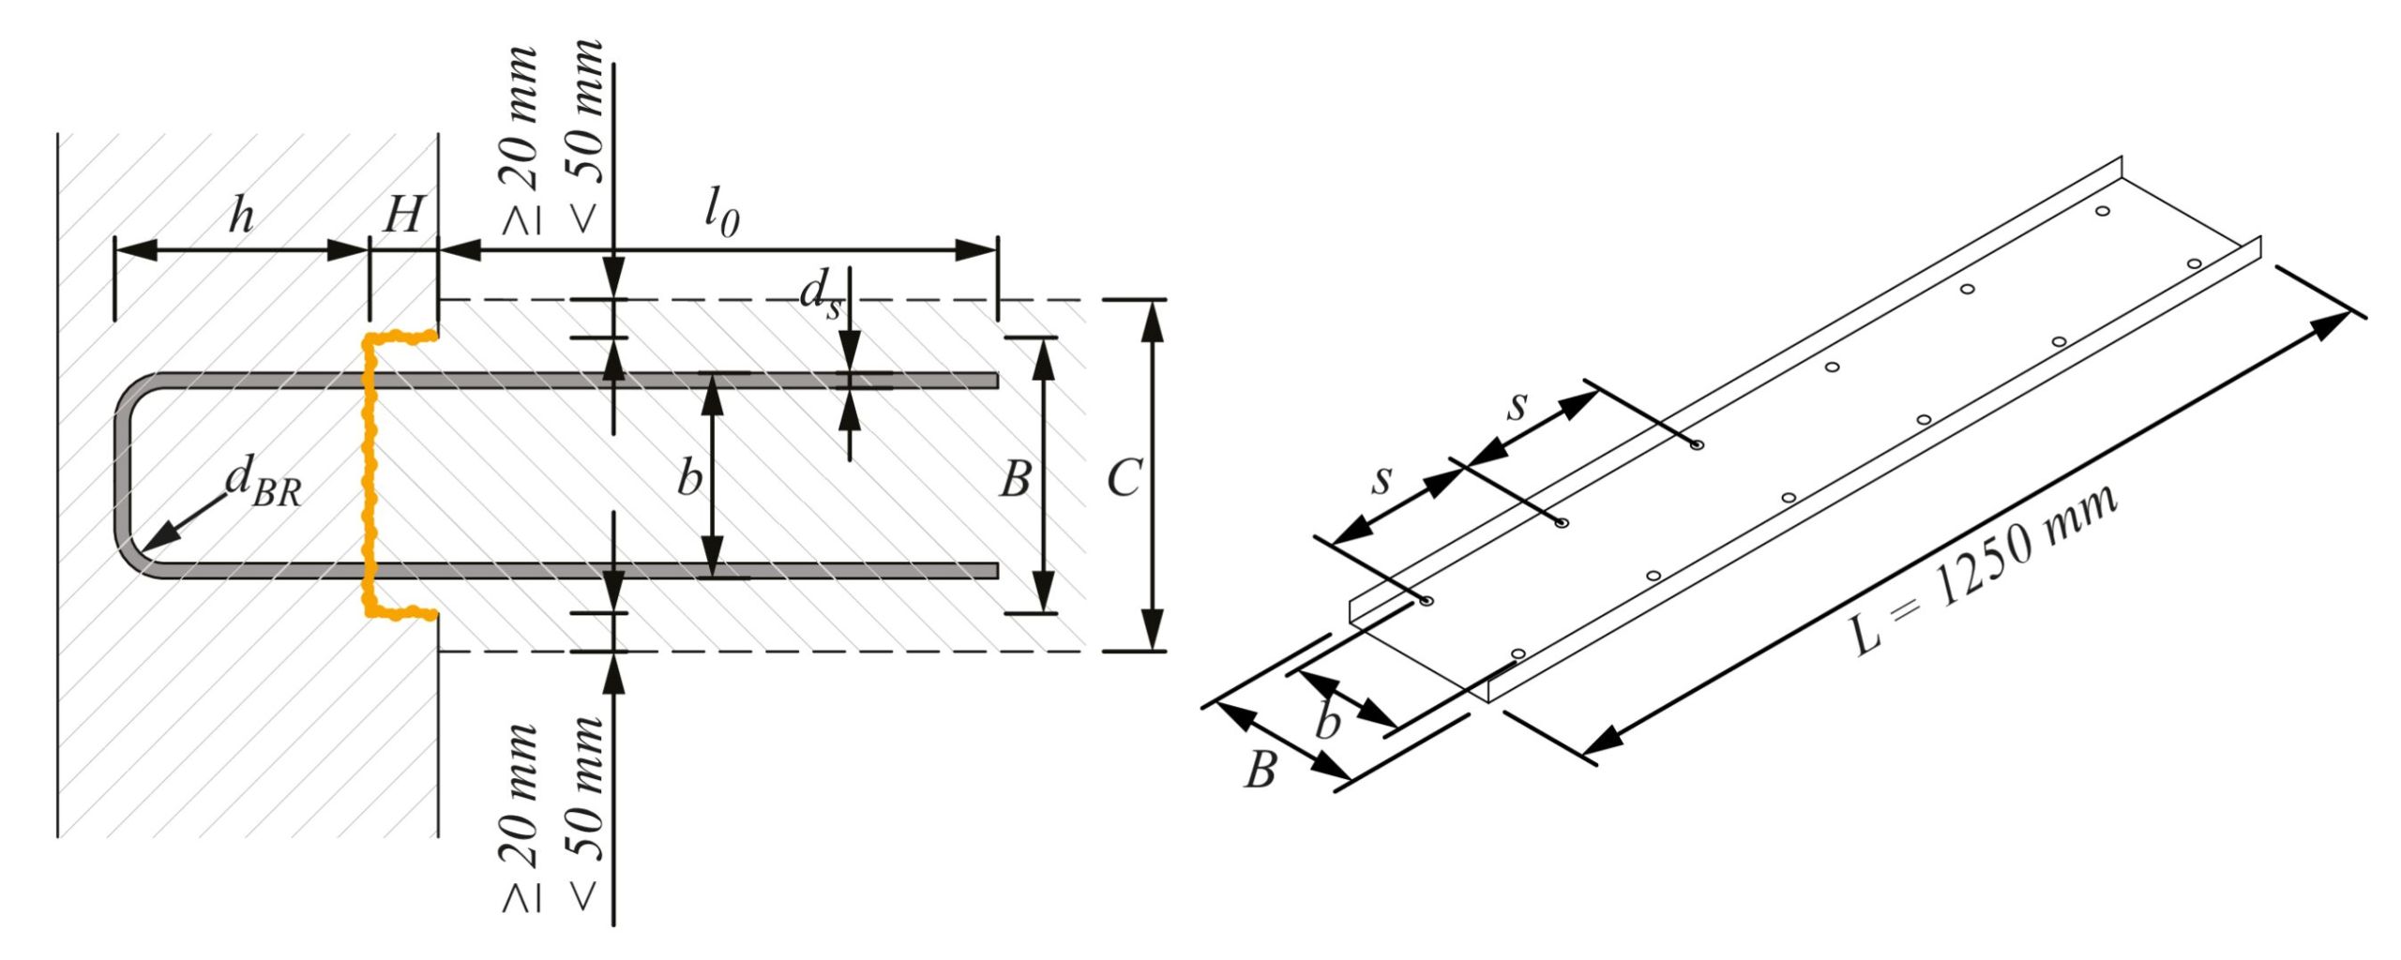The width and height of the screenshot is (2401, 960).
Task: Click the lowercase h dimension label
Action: click(x=242, y=217)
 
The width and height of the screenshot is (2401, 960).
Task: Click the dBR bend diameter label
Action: click(x=264, y=485)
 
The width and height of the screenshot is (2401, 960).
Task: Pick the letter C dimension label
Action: click(x=1123, y=478)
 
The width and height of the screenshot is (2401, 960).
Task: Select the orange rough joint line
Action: click(x=370, y=469)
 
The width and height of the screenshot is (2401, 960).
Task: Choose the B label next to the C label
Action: click(x=1015, y=478)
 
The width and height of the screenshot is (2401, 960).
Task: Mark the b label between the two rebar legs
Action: click(x=689, y=478)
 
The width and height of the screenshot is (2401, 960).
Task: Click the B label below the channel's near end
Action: click(x=1261, y=771)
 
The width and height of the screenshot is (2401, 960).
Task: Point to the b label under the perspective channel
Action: click(x=1327, y=723)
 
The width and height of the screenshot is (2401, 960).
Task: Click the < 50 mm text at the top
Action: click(x=585, y=136)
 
